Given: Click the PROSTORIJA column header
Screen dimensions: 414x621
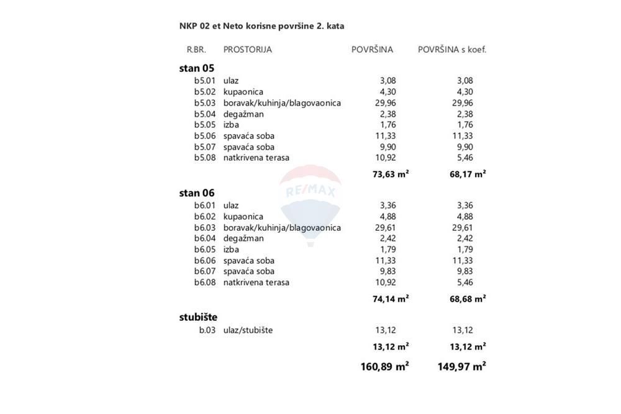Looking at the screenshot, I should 247,50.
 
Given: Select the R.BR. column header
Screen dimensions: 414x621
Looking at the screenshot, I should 196,50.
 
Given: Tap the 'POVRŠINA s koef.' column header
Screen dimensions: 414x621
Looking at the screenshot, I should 451,50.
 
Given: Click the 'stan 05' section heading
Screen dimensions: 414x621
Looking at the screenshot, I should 196,68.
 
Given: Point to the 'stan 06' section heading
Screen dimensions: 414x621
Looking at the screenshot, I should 196,193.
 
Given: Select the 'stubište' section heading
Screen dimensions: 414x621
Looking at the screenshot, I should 198,317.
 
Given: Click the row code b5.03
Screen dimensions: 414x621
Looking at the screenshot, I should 204,103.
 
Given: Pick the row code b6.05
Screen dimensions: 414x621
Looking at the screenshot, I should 204,250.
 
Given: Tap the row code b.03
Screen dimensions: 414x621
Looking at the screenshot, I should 207,330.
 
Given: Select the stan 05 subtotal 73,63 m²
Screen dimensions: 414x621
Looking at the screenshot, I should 390,174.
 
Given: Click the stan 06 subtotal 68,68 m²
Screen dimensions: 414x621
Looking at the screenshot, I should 467,299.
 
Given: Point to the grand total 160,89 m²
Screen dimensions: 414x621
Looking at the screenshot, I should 384,367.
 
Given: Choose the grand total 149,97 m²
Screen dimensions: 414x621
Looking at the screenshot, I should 461,367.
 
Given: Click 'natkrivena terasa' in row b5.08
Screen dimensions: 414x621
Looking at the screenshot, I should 256,158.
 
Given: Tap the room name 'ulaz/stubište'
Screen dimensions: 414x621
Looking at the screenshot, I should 248,330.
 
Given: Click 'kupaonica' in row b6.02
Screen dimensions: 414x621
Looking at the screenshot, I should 243,217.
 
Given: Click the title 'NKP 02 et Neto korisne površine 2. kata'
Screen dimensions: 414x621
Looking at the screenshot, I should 261,26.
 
